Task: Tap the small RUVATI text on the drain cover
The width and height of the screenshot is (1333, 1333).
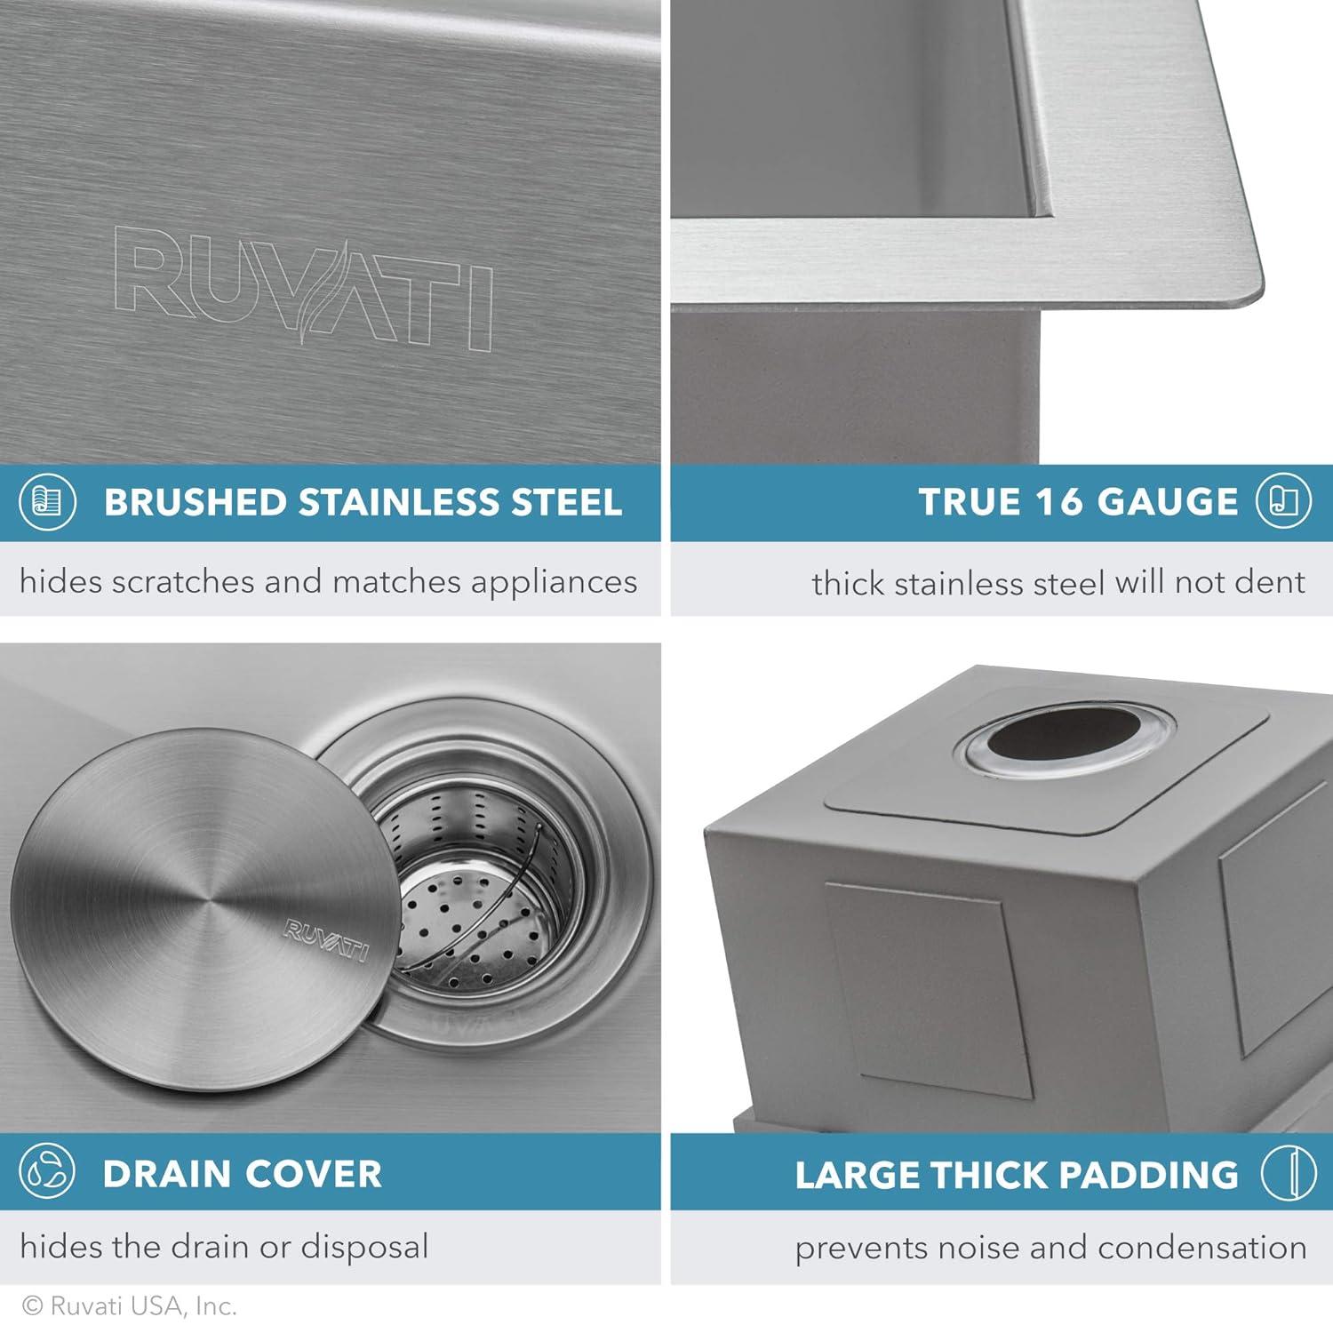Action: (x=325, y=941)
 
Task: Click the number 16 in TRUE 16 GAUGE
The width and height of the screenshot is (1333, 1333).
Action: (x=1060, y=503)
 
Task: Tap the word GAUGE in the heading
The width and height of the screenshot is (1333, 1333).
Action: (x=1167, y=503)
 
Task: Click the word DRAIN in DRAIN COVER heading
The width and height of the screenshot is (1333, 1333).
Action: (x=165, y=1175)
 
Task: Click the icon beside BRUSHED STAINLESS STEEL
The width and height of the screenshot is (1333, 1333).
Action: (x=46, y=503)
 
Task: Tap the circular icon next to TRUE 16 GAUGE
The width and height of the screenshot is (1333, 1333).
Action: (x=1283, y=502)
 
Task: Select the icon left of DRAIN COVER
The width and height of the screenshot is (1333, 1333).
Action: (x=46, y=1175)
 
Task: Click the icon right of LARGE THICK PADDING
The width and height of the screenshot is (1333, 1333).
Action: (x=1289, y=1174)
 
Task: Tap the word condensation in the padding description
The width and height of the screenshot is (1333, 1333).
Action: (x=1201, y=1248)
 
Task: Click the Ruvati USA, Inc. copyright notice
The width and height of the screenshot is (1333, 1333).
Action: (x=130, y=1306)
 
